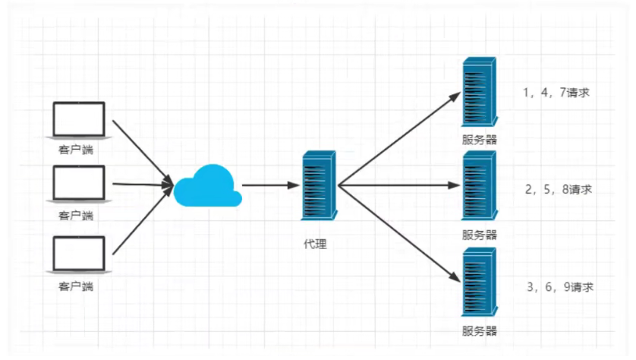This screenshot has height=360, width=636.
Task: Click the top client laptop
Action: click(79, 120)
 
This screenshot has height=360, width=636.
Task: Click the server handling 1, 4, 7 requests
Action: click(480, 93)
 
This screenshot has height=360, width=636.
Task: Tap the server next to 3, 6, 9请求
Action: click(480, 283)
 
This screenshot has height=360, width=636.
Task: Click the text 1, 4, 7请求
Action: click(556, 93)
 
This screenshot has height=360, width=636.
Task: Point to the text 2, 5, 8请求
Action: click(557, 189)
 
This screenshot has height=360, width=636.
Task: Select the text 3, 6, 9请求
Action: click(559, 287)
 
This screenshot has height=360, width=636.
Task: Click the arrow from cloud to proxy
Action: click(269, 185)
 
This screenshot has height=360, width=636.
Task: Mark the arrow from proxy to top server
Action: click(399, 139)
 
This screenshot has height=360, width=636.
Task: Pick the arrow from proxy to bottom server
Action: click(399, 232)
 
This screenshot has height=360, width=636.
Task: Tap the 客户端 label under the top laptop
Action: click(79, 150)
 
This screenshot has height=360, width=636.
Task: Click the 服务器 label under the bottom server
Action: click(480, 331)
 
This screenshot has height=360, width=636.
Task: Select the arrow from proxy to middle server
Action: click(399, 185)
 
